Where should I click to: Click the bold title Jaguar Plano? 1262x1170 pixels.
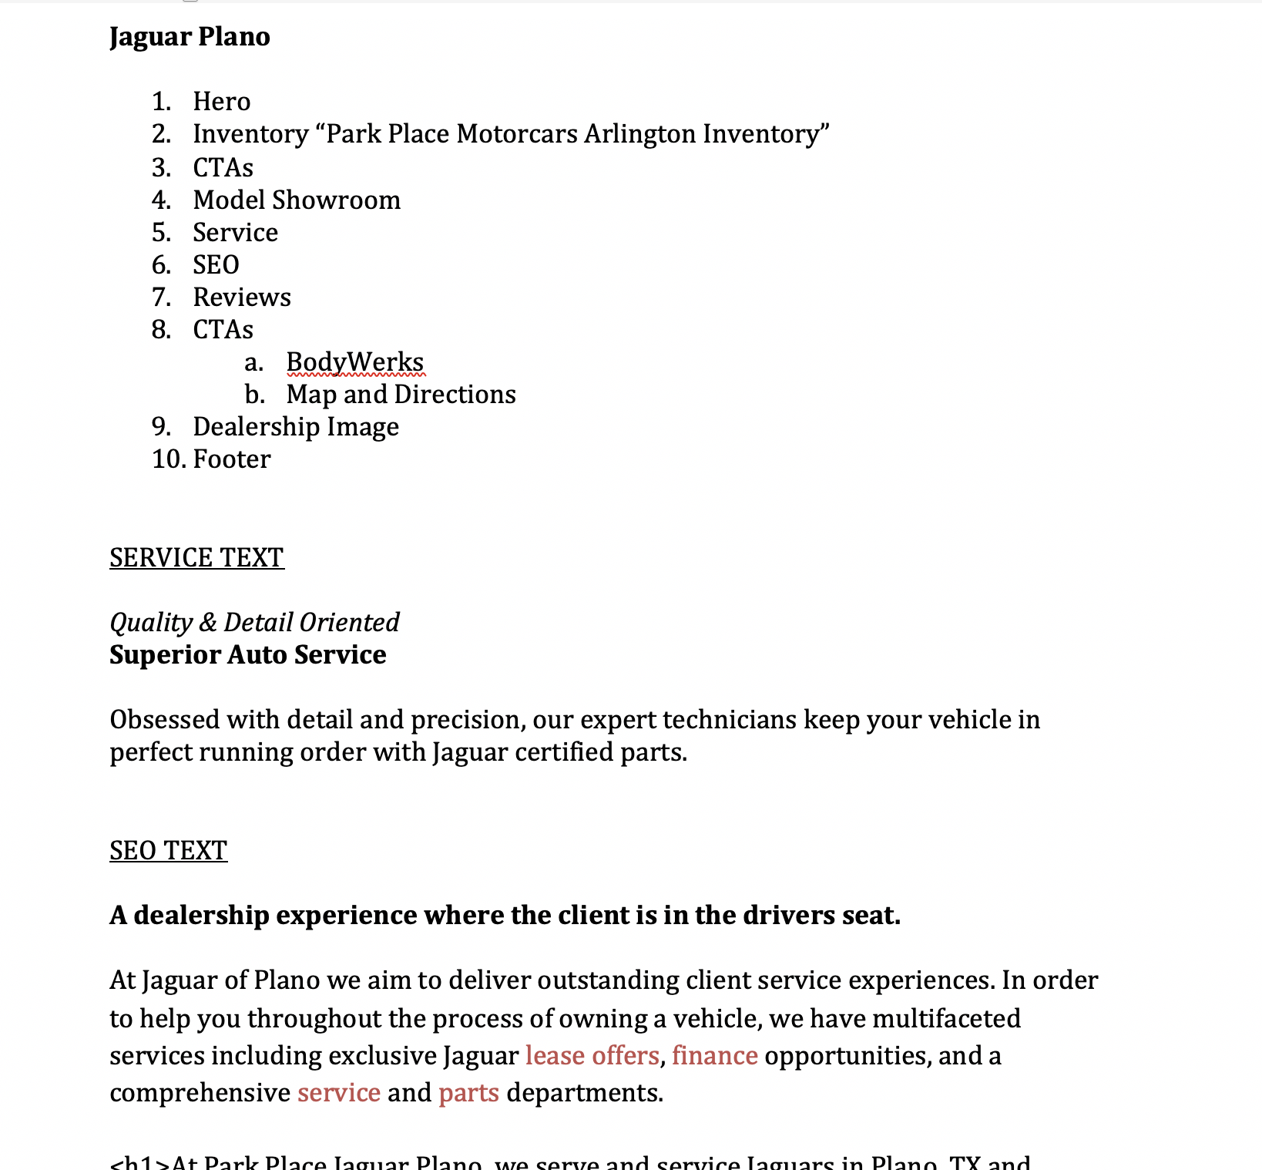[x=190, y=37]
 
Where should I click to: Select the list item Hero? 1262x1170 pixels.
[x=221, y=102]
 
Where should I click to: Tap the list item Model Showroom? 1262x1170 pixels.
[x=297, y=200]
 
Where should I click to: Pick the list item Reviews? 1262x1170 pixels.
[x=242, y=298]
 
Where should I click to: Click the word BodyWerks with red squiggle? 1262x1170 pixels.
[x=354, y=362]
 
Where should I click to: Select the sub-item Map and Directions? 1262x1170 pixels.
[x=401, y=395]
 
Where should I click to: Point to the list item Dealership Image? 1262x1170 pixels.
[x=296, y=427]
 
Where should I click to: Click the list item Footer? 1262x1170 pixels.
[x=232, y=459]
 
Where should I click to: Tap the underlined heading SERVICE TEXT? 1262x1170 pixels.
[x=196, y=557]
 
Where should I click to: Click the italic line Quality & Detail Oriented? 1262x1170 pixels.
[x=254, y=622]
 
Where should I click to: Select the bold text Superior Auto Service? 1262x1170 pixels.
[x=247, y=654]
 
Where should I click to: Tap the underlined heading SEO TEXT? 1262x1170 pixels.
[x=168, y=850]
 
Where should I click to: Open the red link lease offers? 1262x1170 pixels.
[x=592, y=1055]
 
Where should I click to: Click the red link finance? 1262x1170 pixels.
[x=714, y=1055]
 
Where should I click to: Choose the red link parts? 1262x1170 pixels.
[x=468, y=1093]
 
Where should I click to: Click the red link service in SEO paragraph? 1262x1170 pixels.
[x=339, y=1093]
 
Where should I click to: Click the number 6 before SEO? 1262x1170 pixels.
[x=159, y=265]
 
